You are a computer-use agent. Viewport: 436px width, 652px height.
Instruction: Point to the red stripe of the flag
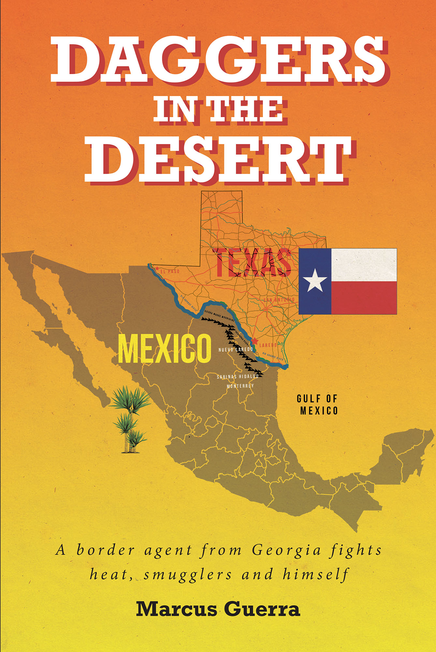pyautogui.click(x=364, y=298)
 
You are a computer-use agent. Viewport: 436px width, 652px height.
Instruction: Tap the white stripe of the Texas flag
pyautogui.click(x=364, y=265)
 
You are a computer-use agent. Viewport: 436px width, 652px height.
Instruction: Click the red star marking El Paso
pyautogui.click(x=157, y=269)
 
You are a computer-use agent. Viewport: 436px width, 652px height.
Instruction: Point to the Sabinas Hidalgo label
pyautogui.click(x=238, y=377)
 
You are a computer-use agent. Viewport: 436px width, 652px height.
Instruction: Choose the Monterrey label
pyautogui.click(x=240, y=386)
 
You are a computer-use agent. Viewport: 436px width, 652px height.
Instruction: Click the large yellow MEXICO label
pyautogui.click(x=165, y=349)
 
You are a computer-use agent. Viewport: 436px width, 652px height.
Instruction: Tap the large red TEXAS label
pyautogui.click(x=253, y=262)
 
